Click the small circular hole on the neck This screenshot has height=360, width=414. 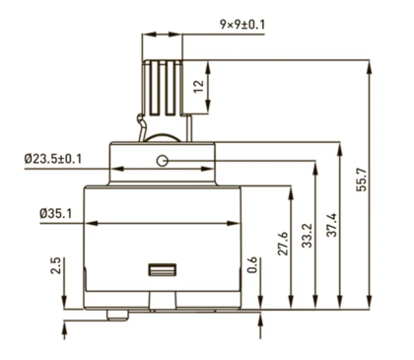[x=164, y=161]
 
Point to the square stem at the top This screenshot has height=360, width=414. [x=165, y=84]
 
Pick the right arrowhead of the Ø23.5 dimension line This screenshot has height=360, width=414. [x=214, y=168]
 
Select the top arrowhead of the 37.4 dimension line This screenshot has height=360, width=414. [x=340, y=141]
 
